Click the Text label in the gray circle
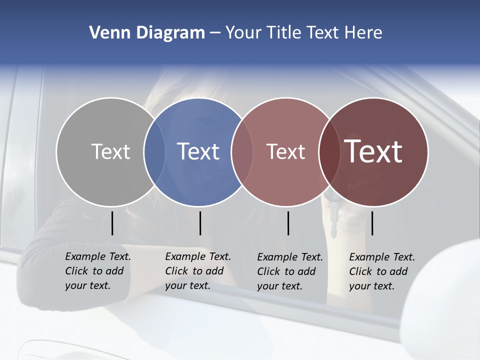[x=110, y=151]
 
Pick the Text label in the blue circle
[x=198, y=151]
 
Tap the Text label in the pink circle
[x=285, y=151]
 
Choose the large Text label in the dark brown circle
[x=373, y=151]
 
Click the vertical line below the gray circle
[x=112, y=223]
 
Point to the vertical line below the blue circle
[x=200, y=223]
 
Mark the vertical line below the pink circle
[x=288, y=223]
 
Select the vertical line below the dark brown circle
[x=372, y=223]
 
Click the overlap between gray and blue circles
[x=155, y=151]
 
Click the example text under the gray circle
[x=97, y=271]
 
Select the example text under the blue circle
[x=197, y=271]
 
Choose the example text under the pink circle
[x=289, y=271]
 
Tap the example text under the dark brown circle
[x=381, y=271]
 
